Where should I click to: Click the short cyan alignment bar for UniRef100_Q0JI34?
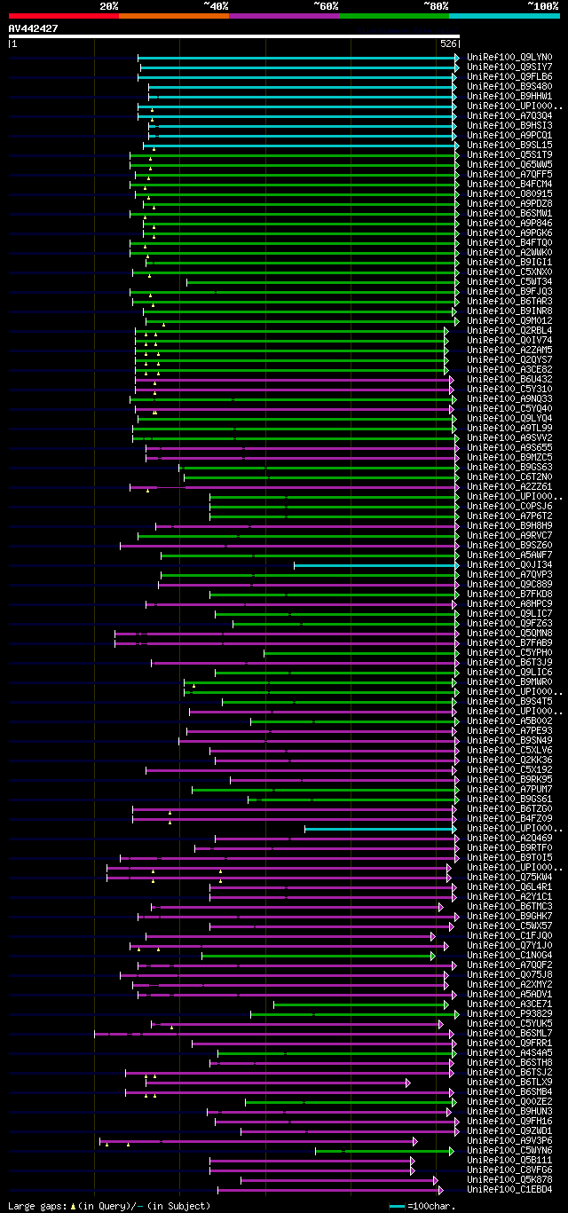coord(373,565)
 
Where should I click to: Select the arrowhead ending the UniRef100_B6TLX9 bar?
coord(408,1083)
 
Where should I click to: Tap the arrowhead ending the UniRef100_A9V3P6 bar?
coord(414,1141)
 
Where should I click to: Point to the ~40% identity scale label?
coord(216,6)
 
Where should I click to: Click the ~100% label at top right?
coord(542,6)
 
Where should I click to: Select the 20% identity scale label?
coord(109,6)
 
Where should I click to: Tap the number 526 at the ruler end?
coord(448,43)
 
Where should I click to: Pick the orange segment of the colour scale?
coord(173,15)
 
